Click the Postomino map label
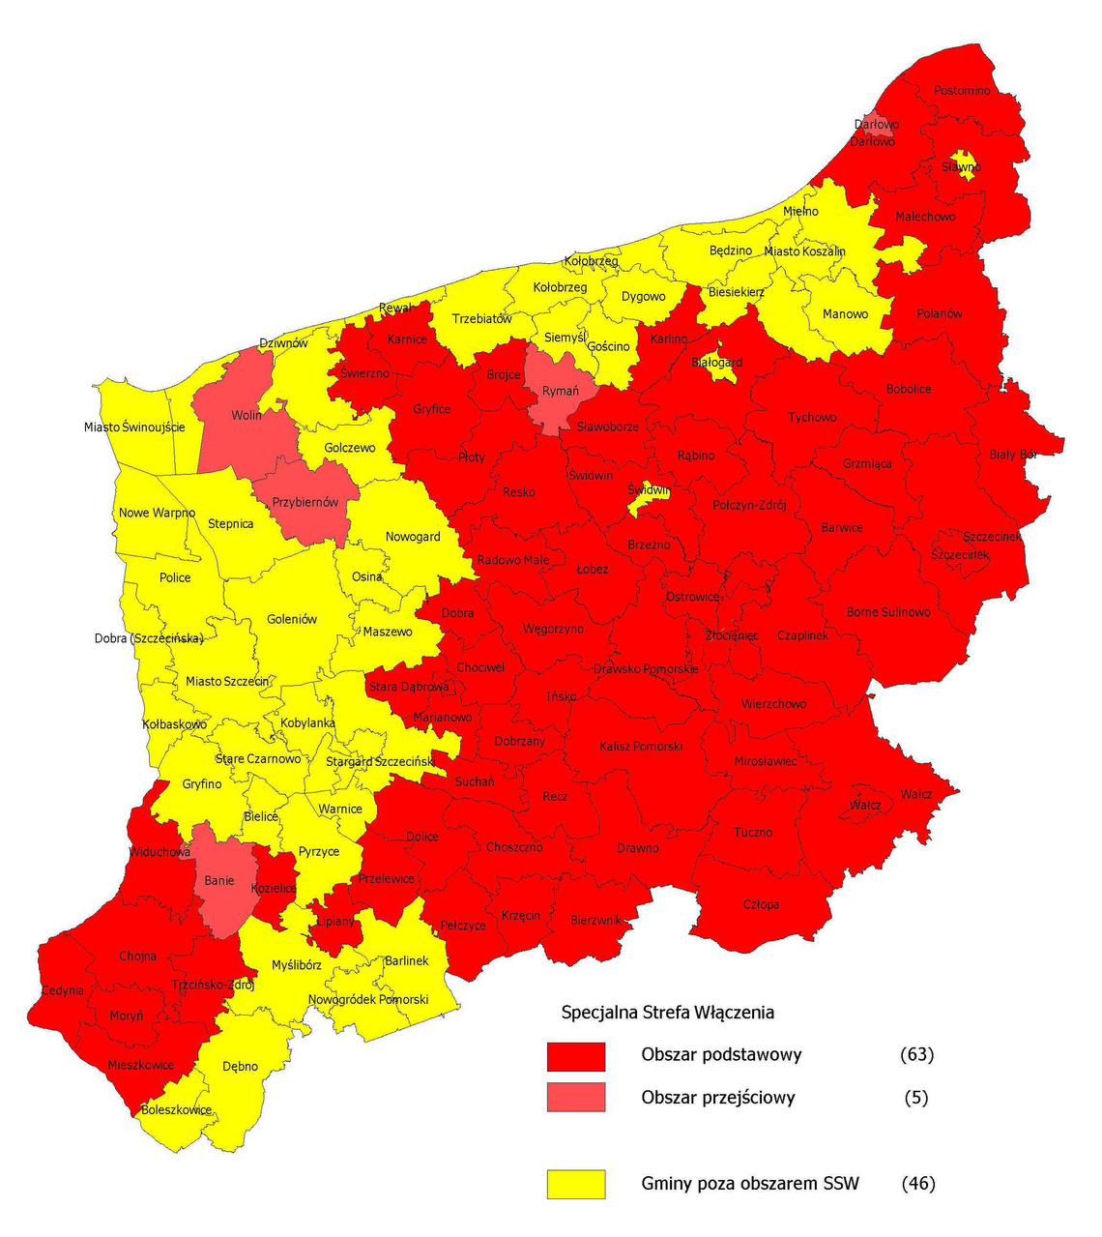pyautogui.click(x=962, y=91)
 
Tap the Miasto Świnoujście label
pyautogui.click(x=133, y=427)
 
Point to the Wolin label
pyautogui.click(x=246, y=416)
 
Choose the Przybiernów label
pyautogui.click(x=305, y=503)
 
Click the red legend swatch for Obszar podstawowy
pyautogui.click(x=576, y=1056)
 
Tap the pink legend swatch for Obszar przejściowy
pyautogui.click(x=576, y=1098)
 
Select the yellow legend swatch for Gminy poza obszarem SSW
pyautogui.click(x=576, y=1184)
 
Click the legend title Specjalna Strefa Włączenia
pyautogui.click(x=668, y=1013)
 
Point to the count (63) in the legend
pyautogui.click(x=916, y=1055)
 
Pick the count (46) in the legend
pyautogui.click(x=917, y=1183)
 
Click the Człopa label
pyautogui.click(x=761, y=905)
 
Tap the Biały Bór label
pyautogui.click(x=1013, y=455)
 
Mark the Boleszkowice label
pyautogui.click(x=176, y=1110)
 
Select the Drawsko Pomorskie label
pyautogui.click(x=646, y=669)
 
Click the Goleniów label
pyautogui.click(x=292, y=620)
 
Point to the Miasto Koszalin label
pyautogui.click(x=804, y=251)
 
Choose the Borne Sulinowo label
pyautogui.click(x=888, y=612)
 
